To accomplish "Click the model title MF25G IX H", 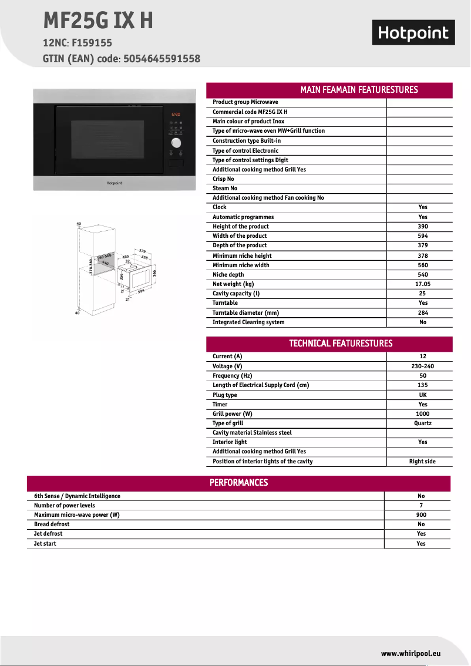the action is click(98, 21).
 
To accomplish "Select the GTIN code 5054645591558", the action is click(162, 59).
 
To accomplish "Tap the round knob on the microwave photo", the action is click(176, 143).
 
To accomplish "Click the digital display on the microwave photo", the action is click(176, 115).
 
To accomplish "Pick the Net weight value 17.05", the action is click(423, 284).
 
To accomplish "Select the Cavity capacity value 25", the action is click(423, 294).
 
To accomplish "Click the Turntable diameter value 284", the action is click(423, 313).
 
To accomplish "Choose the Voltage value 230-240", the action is click(423, 366).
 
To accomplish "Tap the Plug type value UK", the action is click(423, 395).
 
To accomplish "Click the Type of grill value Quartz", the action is click(423, 423).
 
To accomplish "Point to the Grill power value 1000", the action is click(423, 414).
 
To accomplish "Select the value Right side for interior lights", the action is click(422, 462).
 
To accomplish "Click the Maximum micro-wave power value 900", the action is click(421, 515).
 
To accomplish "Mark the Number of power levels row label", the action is click(65, 506).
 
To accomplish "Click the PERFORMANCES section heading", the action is click(238, 483).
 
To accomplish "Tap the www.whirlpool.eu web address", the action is click(411, 654).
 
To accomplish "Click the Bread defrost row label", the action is click(52, 524).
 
